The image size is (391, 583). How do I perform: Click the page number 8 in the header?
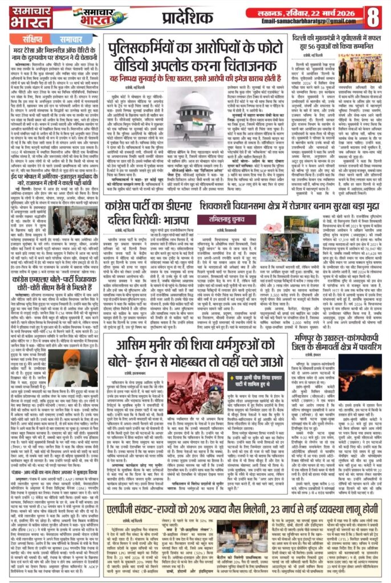click(x=375, y=15)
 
